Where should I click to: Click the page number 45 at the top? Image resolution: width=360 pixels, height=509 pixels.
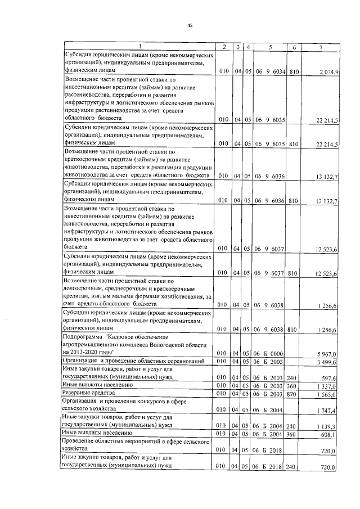pyautogui.click(x=190, y=24)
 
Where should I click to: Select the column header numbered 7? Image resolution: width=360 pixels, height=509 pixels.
pyautogui.click(x=321, y=47)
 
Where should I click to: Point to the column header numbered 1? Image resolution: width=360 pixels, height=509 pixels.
pyautogui.click(x=139, y=47)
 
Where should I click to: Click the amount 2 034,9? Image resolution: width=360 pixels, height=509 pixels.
pyautogui.click(x=327, y=71)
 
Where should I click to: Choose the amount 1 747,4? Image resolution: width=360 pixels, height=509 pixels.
pyautogui.click(x=327, y=411)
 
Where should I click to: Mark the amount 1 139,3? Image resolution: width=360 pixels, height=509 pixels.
pyautogui.click(x=327, y=427)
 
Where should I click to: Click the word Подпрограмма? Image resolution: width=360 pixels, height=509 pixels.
pyautogui.click(x=83, y=336)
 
